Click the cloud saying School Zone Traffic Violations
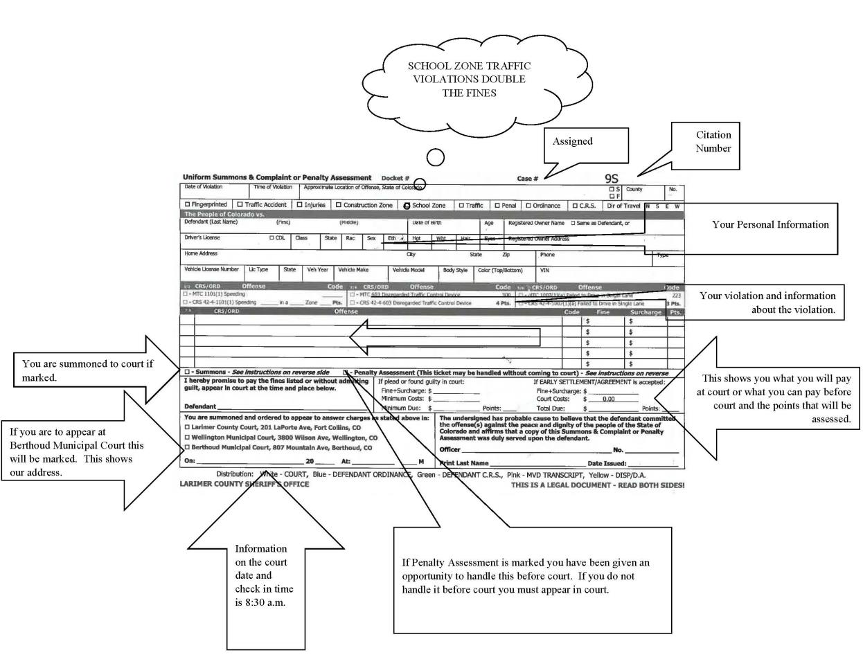point(469,79)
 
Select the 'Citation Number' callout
point(713,141)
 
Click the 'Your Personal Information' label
point(770,224)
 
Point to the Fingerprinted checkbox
point(187,205)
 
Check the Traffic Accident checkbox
point(240,205)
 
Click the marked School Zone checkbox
point(407,206)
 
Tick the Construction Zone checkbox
point(339,205)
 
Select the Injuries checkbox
point(300,205)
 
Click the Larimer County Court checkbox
point(187,428)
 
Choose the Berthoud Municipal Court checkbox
point(187,447)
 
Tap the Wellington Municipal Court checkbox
point(187,438)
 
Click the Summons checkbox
point(187,372)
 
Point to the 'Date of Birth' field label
point(426,223)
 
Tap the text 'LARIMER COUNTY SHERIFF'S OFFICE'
point(244,484)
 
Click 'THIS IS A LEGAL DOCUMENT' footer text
point(597,485)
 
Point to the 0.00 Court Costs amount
point(608,399)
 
